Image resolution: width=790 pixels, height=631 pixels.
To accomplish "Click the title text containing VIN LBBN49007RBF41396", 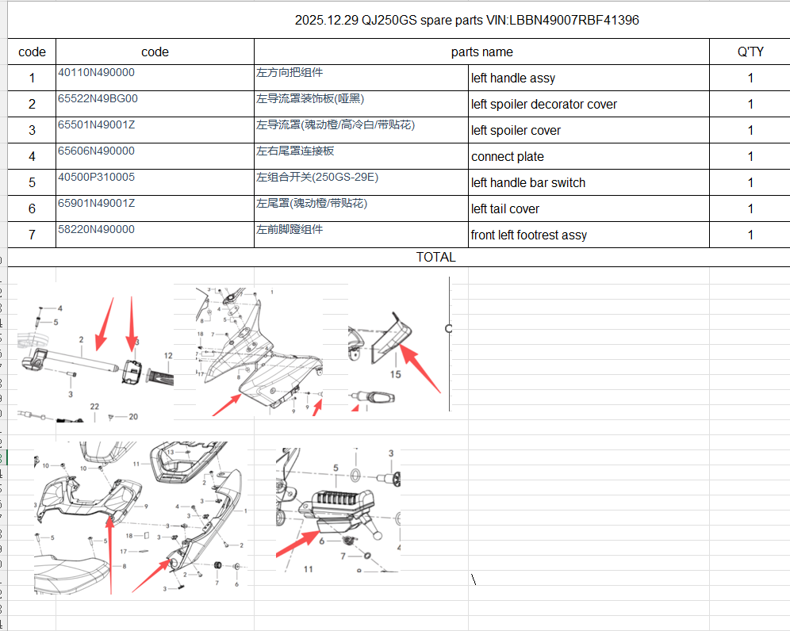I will pos(466,20).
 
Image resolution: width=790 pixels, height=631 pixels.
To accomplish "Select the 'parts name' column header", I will pos(481,52).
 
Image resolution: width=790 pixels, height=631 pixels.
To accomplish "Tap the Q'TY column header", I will pos(750,52).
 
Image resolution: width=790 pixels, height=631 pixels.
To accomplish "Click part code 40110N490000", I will pos(97,73).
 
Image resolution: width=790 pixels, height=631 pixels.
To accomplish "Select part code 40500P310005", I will pos(97,178).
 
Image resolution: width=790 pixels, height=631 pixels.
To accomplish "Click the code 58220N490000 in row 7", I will pos(97,230).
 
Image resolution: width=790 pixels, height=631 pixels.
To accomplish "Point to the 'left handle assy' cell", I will pos(513,78).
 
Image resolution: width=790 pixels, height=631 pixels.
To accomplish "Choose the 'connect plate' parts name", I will pos(508,157).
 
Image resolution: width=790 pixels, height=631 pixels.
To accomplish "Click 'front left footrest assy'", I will pos(529,235).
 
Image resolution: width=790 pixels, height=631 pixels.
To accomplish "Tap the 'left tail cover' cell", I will pos(505,209).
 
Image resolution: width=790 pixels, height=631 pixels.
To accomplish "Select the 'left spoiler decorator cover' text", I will pos(544,105).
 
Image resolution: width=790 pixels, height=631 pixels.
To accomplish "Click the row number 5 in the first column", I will pos(32,183).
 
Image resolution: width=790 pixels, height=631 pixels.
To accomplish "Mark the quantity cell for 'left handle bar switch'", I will pos(750,183).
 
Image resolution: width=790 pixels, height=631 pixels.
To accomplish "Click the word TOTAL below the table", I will pos(436,258).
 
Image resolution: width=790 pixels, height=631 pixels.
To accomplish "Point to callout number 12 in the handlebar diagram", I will pos(168,357).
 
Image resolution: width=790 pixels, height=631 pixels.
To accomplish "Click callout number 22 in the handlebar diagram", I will pos(94,407).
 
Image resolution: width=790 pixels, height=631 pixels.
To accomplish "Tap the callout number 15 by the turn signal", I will pos(396,373).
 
